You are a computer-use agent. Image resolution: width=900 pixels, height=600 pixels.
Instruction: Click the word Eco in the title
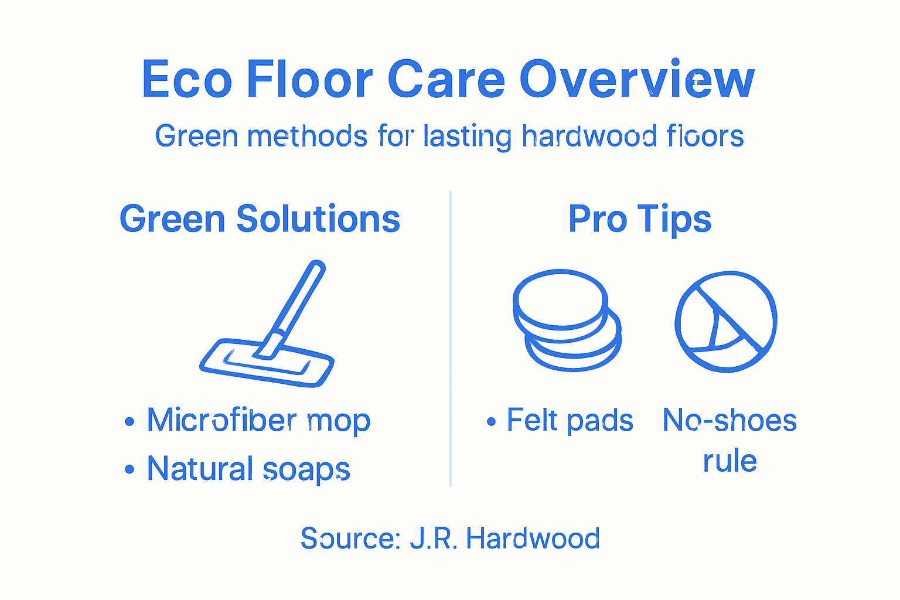(186, 80)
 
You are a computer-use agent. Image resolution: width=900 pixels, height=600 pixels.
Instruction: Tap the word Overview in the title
(637, 80)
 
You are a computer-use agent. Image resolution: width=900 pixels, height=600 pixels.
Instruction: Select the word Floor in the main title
(309, 80)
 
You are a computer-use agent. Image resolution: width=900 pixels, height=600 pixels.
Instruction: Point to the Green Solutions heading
(260, 219)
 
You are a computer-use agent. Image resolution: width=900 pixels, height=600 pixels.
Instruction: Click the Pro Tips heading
(640, 219)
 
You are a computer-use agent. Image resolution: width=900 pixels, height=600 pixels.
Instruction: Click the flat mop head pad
(267, 364)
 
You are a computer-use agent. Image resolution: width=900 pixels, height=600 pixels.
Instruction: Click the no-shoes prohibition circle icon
(726, 321)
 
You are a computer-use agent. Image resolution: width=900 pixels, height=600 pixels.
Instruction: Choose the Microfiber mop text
(258, 420)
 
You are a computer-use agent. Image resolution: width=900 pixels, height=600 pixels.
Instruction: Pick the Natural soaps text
(248, 469)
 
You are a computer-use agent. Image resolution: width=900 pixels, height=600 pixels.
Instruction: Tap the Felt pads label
(570, 420)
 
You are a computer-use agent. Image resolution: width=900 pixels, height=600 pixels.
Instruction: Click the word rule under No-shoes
(729, 461)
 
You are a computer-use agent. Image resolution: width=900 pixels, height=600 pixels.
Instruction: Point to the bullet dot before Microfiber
(129, 422)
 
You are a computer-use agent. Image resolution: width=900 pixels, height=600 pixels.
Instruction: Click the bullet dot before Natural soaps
(129, 470)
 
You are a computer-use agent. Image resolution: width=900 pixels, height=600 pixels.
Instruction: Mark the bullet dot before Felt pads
(491, 422)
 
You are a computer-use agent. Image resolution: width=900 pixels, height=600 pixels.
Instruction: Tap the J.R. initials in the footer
(434, 538)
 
